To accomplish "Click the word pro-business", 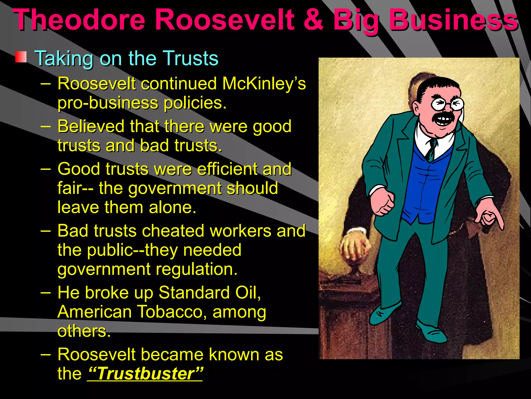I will [x=108, y=103].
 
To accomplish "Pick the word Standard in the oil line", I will [x=194, y=293].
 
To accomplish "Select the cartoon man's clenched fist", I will [x=383, y=203].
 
